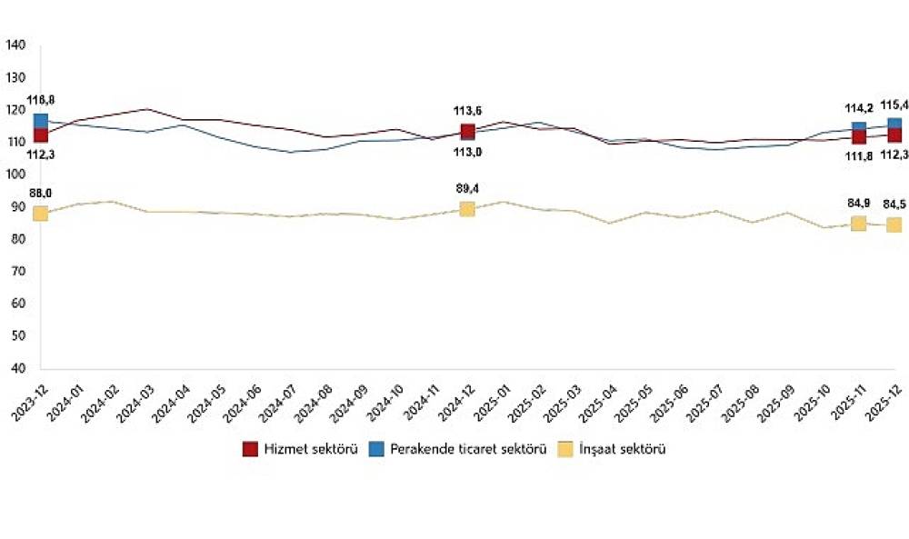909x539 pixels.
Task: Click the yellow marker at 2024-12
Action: [467, 208]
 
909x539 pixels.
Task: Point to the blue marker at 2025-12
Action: [894, 125]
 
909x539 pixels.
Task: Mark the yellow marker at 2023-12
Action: [40, 213]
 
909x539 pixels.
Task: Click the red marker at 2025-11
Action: [859, 137]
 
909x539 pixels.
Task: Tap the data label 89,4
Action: [467, 188]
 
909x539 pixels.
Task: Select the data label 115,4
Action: [895, 105]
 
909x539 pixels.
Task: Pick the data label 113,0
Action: [467, 154]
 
